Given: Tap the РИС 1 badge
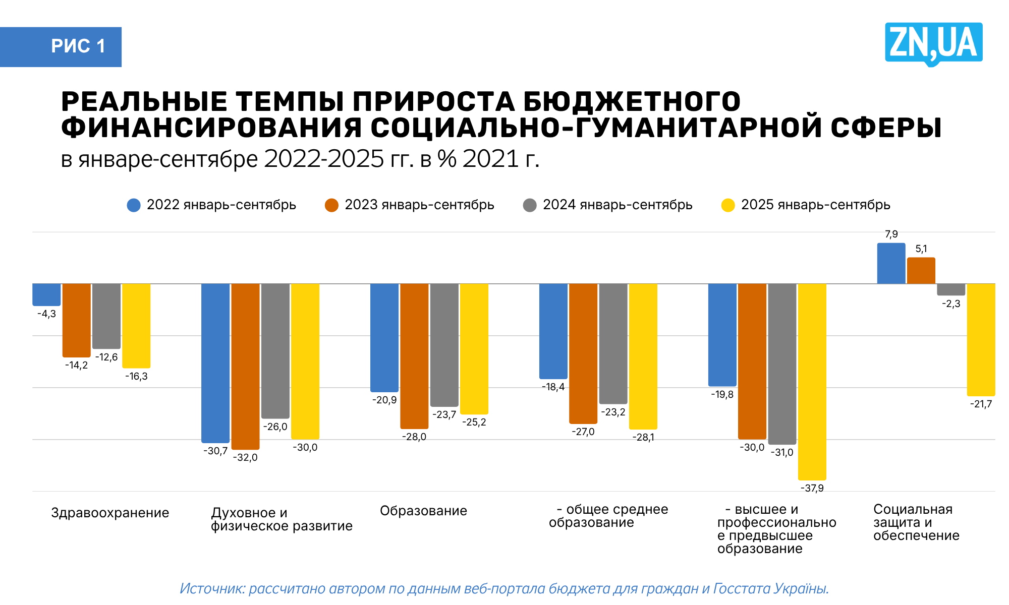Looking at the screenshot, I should point(78,46).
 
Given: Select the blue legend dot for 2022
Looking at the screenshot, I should point(134,205).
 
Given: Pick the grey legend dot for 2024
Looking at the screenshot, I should point(530,205).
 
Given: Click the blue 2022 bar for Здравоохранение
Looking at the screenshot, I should point(46,294).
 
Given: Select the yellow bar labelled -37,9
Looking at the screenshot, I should point(812,381).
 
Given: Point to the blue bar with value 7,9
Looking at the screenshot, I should point(891,264).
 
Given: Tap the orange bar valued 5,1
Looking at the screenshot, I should point(921,271).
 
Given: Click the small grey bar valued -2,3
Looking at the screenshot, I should point(951,289).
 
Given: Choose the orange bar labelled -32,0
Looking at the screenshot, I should point(245,366).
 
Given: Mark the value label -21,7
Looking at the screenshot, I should point(981,404).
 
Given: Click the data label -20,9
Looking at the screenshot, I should point(384,400).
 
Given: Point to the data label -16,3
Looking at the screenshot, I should point(136,377).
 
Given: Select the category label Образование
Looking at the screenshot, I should point(423,511).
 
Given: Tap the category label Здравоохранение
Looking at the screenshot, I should point(110,513).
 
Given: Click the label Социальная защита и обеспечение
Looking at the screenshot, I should point(916,522).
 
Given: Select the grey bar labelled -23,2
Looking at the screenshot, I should point(613,343).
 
